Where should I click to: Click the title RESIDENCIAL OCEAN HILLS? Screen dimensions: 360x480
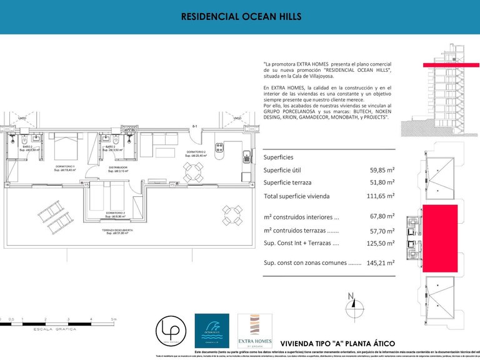239,17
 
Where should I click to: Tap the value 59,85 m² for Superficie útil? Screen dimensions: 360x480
381,169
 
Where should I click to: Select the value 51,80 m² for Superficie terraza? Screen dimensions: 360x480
381,182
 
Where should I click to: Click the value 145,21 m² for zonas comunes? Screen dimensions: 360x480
380,263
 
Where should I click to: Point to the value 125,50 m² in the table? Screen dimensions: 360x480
380,244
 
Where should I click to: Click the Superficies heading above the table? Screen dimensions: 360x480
278,157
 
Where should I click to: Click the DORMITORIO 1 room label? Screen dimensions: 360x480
64,166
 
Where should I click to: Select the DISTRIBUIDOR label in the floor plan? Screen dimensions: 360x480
118,167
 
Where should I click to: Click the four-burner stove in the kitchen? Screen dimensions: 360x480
220,148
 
